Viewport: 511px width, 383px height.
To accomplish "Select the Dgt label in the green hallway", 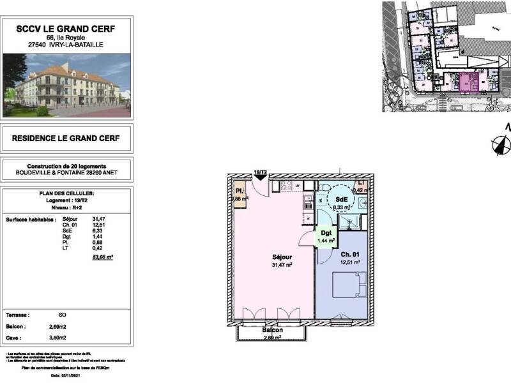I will click(x=326, y=235).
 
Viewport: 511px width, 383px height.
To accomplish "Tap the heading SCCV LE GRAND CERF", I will click(x=69, y=28).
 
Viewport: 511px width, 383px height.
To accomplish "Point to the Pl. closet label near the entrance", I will click(x=239, y=191).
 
